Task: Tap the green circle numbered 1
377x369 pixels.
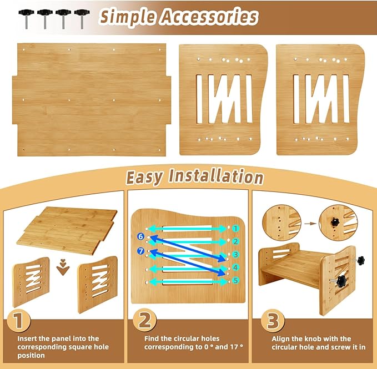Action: (235, 228)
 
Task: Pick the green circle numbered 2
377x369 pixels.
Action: (235, 241)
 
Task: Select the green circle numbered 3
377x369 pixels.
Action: (235, 255)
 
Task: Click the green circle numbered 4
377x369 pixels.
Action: (235, 268)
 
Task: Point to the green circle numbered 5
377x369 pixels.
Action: (235, 281)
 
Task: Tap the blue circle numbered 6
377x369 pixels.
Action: (141, 237)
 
